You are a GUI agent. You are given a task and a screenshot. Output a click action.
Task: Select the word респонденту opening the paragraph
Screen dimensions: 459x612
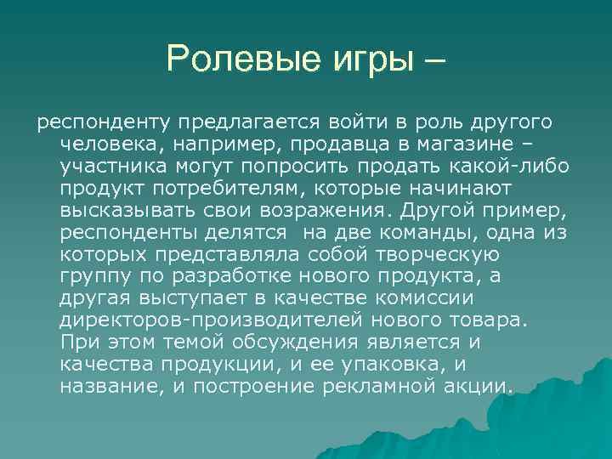pos(105,124)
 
